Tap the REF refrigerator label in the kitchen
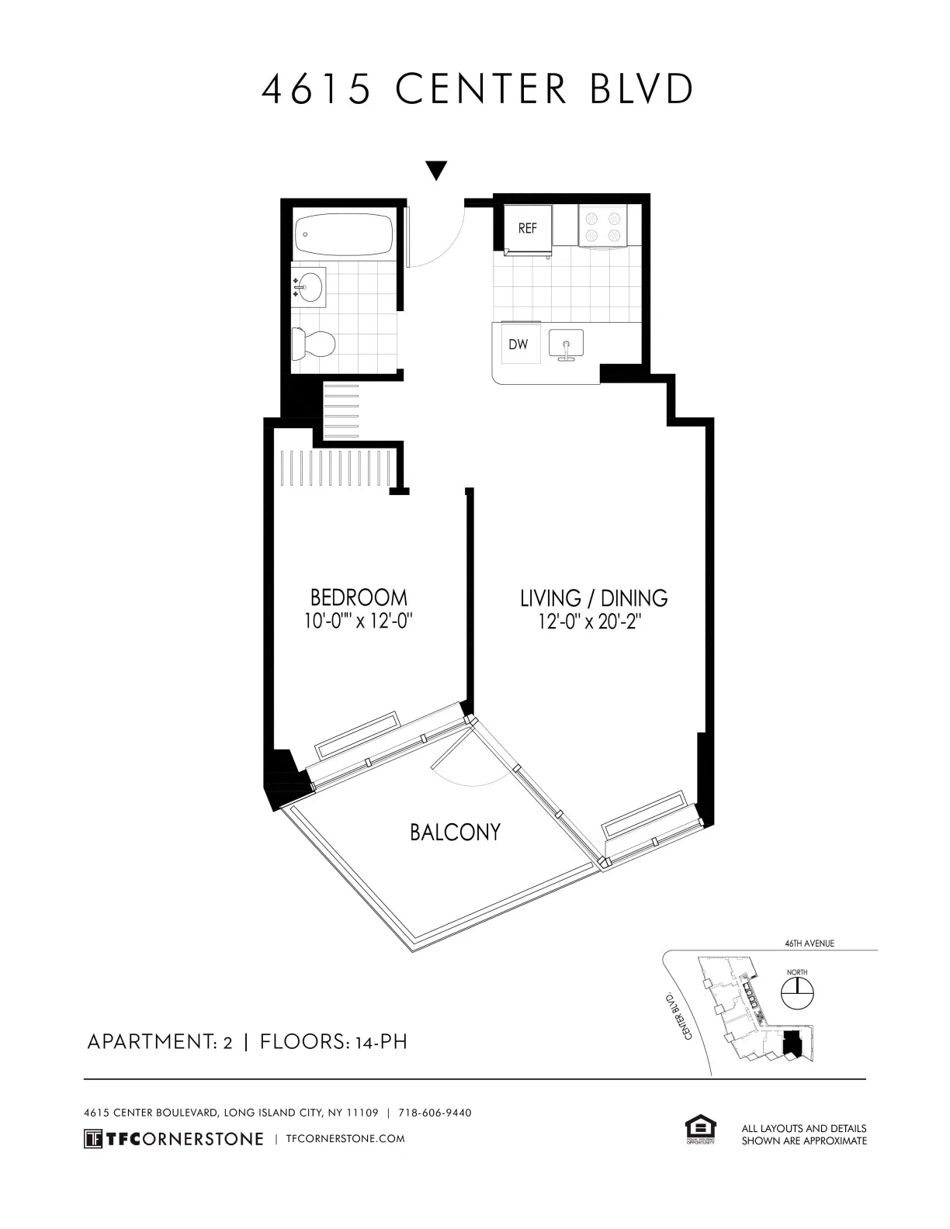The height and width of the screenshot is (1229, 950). (528, 229)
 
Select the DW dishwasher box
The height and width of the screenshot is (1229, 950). (518, 344)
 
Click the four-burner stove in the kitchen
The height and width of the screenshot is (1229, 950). (602, 226)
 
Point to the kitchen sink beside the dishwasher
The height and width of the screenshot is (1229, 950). (567, 344)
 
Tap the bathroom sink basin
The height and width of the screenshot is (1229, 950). (310, 286)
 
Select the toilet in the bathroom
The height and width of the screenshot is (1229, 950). (313, 343)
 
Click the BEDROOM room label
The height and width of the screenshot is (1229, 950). (359, 597)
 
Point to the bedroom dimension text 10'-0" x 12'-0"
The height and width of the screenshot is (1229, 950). (359, 621)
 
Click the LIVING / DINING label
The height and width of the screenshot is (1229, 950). (594, 598)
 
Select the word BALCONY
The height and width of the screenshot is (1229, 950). (455, 833)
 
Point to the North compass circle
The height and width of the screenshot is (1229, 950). (797, 992)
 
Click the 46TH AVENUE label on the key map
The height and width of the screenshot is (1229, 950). (809, 943)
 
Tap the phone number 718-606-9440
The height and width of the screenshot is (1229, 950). (435, 1113)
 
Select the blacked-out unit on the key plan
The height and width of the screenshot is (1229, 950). (792, 1046)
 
